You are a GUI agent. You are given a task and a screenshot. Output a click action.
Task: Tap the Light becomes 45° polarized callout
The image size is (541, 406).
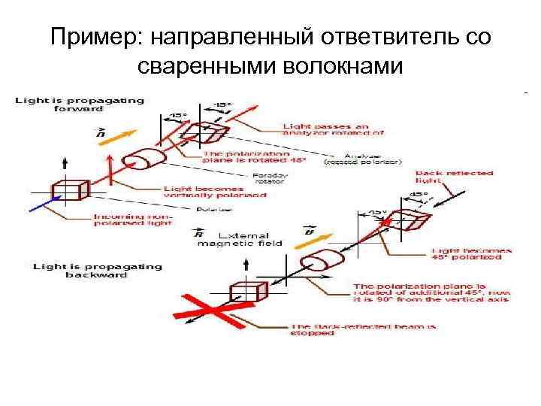coord(471,253)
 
